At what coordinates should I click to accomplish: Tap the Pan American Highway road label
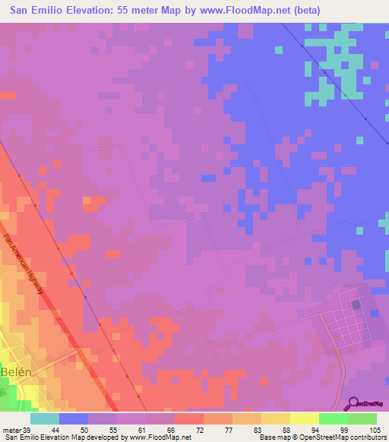pyautogui.click(x=30, y=270)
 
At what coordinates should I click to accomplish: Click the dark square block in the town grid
pyautogui.click(x=357, y=305)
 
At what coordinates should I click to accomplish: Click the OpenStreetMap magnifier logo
pyautogui.click(x=351, y=403)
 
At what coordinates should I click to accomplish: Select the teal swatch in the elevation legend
pyautogui.click(x=45, y=418)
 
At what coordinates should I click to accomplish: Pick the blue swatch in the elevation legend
pyautogui.click(x=74, y=418)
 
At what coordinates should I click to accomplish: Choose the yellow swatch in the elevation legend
pyautogui.click(x=305, y=418)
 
